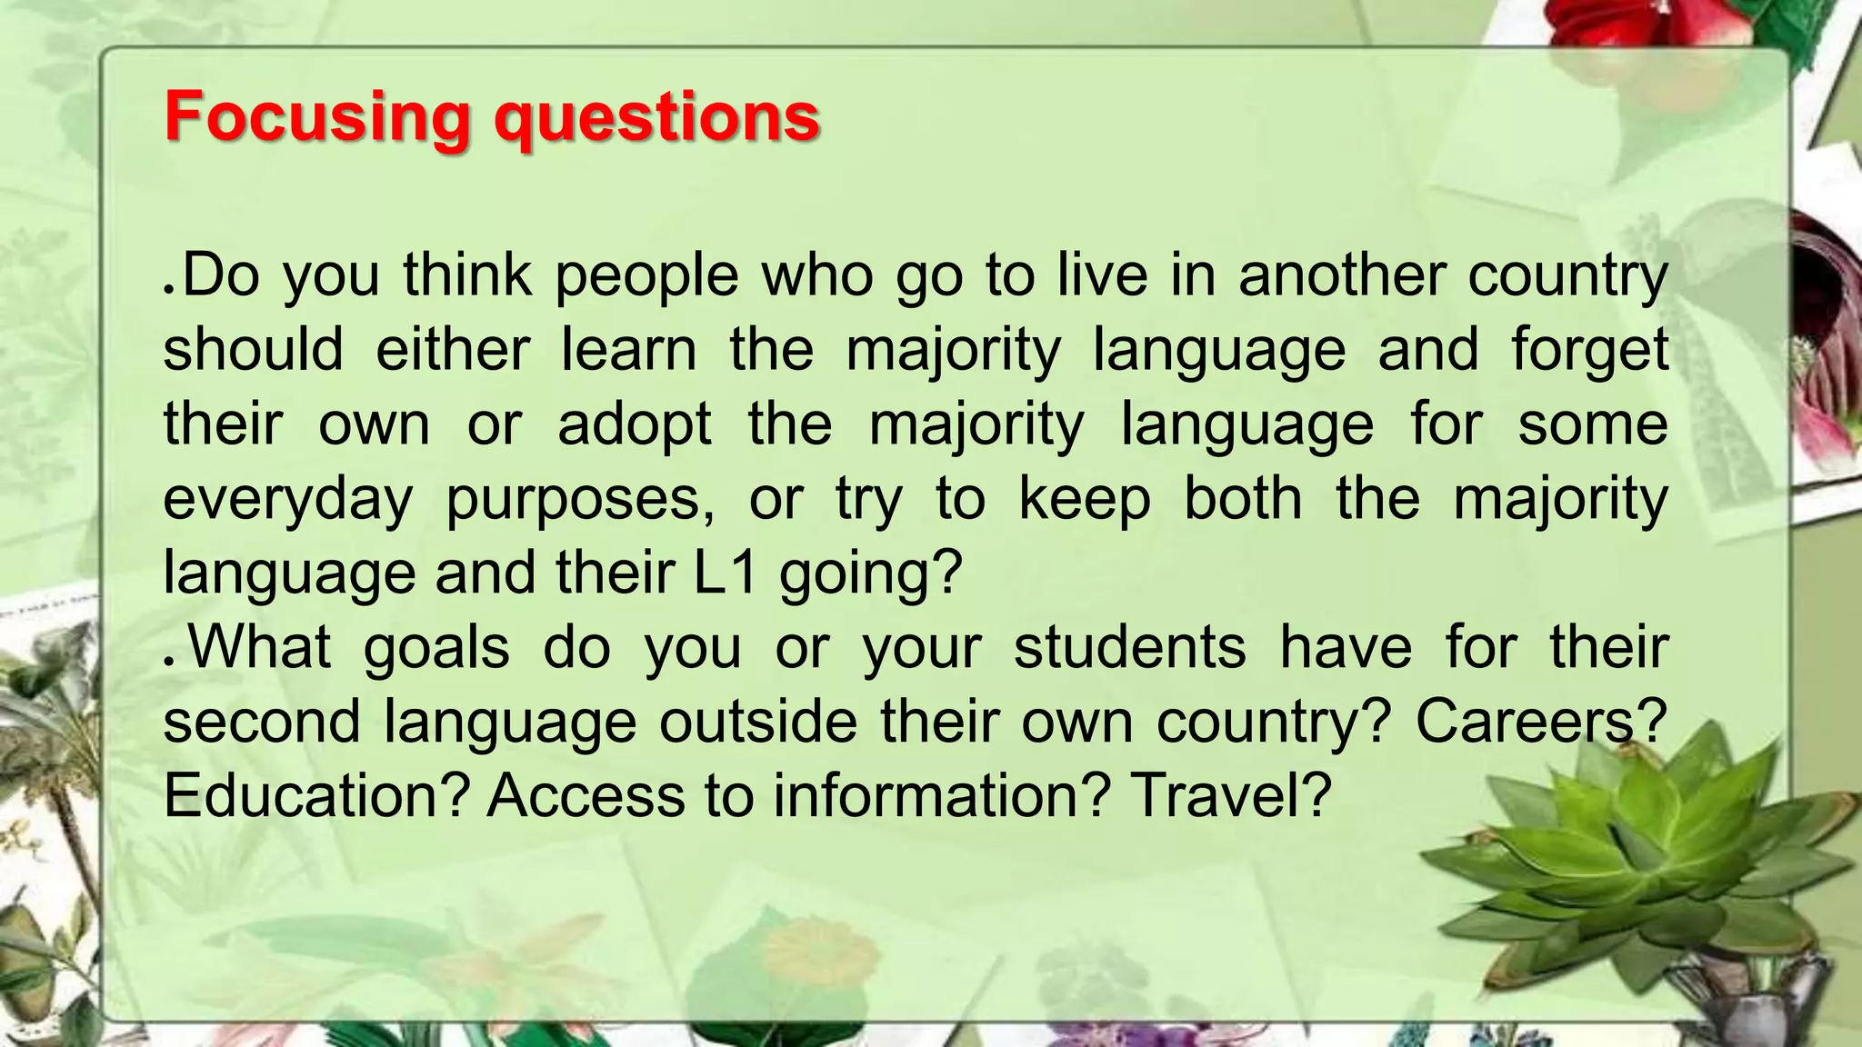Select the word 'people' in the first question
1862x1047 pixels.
[x=646, y=276]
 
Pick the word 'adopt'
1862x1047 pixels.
[x=635, y=425]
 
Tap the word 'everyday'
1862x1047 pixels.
[x=288, y=500]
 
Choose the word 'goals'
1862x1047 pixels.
[x=436, y=649]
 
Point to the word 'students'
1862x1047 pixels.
[x=1129, y=647]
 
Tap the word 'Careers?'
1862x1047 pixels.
[x=1541, y=722]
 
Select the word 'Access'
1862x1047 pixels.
[x=586, y=795]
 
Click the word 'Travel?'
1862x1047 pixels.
[x=1231, y=795]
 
